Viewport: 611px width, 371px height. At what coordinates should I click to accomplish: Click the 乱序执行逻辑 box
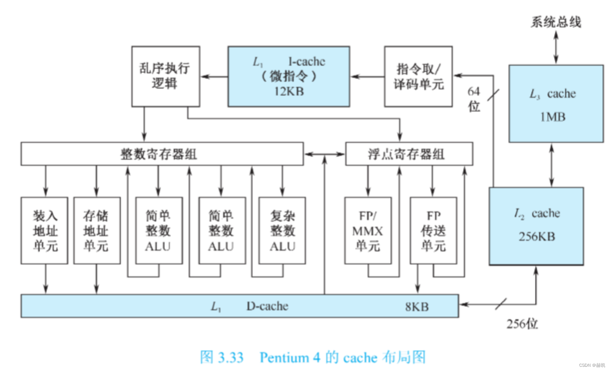tap(165, 76)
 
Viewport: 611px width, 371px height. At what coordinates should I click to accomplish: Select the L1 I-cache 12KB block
tap(289, 76)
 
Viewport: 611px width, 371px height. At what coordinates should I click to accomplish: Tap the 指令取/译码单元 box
tap(418, 76)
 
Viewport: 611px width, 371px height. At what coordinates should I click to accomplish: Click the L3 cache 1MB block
tap(555, 104)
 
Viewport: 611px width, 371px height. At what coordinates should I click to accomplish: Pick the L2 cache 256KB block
tap(536, 226)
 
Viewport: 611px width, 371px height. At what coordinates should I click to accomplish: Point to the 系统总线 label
tap(555, 22)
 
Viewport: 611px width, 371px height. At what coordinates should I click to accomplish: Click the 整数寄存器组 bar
tap(162, 154)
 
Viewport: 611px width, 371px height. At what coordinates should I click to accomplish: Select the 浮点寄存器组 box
tap(409, 154)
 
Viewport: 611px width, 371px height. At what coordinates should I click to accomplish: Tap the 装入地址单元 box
tap(44, 231)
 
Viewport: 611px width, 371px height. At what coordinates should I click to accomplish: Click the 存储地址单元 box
tap(97, 231)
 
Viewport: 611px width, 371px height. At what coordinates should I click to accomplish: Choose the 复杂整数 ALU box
tap(282, 231)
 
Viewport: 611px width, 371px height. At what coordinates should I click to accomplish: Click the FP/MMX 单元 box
tap(368, 231)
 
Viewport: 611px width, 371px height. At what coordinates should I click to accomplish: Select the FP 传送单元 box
tap(433, 231)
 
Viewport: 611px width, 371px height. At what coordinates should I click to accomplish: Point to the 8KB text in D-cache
tap(417, 307)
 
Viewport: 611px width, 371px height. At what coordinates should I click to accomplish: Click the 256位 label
tap(522, 324)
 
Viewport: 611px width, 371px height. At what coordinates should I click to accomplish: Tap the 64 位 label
tap(474, 99)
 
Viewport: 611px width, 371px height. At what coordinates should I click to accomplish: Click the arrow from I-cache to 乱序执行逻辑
tap(214, 76)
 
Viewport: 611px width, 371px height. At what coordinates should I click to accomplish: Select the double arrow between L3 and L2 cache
tap(551, 165)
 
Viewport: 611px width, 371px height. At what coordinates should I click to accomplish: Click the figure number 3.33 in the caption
tap(230, 358)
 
